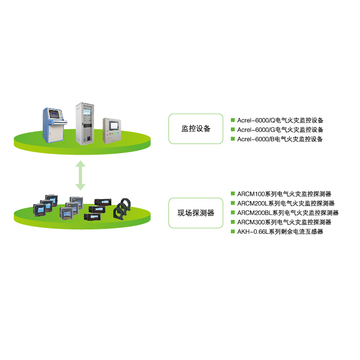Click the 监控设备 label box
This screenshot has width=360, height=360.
(x=196, y=129)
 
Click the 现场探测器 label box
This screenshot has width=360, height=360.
(x=196, y=213)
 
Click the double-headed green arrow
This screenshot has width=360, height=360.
(x=81, y=176)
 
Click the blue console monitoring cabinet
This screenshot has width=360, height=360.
(x=55, y=125)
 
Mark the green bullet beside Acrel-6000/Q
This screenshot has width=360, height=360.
(x=233, y=120)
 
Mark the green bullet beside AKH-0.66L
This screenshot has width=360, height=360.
(x=233, y=231)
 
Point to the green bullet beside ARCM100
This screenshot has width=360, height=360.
(x=233, y=194)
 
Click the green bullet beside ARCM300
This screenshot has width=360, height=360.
(x=233, y=222)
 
